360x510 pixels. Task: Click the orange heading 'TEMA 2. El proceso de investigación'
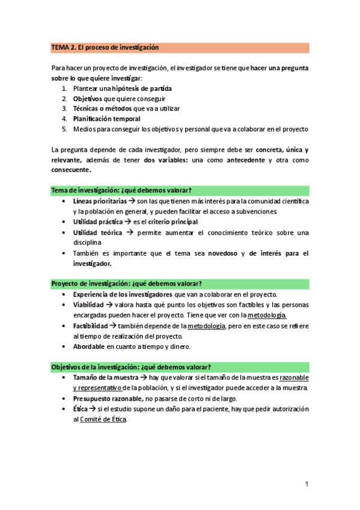(x=105, y=48)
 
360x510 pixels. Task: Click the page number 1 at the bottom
(x=307, y=484)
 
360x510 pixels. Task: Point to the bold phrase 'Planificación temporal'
(x=106, y=118)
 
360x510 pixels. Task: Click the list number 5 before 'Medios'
(x=64, y=129)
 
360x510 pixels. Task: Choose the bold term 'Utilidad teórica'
(x=97, y=232)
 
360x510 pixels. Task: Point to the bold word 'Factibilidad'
(x=91, y=325)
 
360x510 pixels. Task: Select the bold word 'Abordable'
(x=89, y=346)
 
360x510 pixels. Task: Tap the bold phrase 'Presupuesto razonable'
(x=108, y=399)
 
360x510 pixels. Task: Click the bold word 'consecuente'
(x=71, y=170)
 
